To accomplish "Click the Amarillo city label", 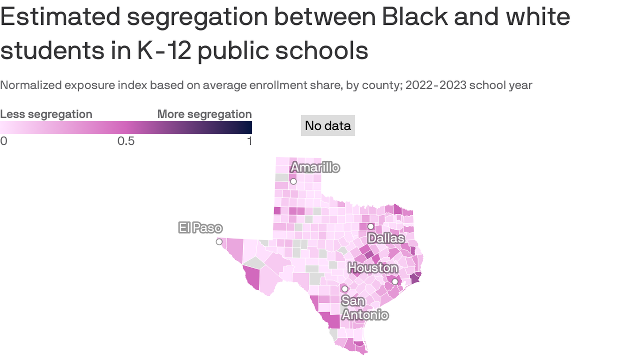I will click(x=315, y=167).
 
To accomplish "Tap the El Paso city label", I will click(x=200, y=228).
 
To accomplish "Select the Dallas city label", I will click(x=386, y=238).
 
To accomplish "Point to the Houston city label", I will click(x=372, y=268).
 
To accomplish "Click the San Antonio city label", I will click(x=365, y=307).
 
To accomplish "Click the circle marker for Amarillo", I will click(x=293, y=181).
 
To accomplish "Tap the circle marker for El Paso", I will click(x=219, y=242).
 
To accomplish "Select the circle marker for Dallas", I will click(x=371, y=226).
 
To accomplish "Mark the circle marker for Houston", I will click(x=395, y=281).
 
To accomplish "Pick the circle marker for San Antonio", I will click(x=345, y=289).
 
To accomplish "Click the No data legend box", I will click(x=327, y=126).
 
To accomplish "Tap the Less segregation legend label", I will click(x=46, y=114).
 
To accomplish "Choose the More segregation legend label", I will click(x=204, y=114).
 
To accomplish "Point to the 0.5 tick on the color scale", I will click(x=126, y=141).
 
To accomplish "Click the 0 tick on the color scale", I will click(x=4, y=141).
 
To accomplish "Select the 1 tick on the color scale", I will click(x=249, y=141).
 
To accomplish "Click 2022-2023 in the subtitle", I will click(x=437, y=85).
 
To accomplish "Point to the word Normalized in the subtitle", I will click(x=31, y=85).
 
